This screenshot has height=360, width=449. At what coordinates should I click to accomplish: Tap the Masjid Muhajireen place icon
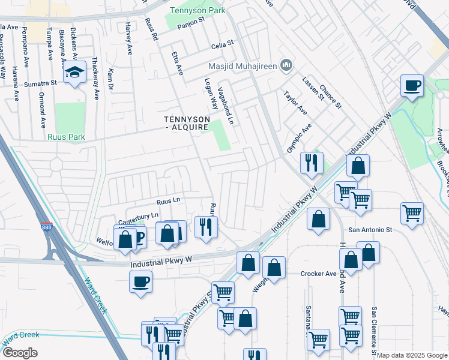[286, 65]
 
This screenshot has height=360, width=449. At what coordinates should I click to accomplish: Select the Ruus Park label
[67, 137]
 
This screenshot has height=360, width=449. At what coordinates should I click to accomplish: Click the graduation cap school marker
[74, 73]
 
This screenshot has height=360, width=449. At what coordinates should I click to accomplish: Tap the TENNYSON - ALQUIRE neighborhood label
[187, 123]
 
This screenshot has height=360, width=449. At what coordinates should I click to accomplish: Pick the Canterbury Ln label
[137, 215]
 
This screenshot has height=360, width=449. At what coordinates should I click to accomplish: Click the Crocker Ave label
[318, 274]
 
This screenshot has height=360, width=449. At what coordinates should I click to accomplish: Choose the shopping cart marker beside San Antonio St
[412, 214]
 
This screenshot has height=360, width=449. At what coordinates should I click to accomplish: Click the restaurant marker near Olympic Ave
[311, 163]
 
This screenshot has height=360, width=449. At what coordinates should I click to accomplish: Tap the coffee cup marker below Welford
[140, 281]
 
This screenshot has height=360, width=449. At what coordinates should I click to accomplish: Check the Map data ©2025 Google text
[412, 355]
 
